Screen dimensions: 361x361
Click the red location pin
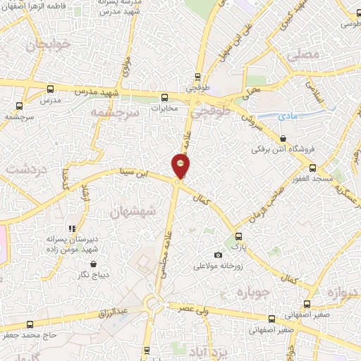(181, 166)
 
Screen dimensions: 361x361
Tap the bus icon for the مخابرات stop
(164, 98)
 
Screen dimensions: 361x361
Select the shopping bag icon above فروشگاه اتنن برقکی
(283, 139)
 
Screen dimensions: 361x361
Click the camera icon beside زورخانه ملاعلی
(218, 255)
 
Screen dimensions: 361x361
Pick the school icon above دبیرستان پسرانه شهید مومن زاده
(71, 228)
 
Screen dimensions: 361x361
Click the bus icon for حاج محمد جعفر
(29, 324)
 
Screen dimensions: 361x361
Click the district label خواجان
(48, 46)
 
